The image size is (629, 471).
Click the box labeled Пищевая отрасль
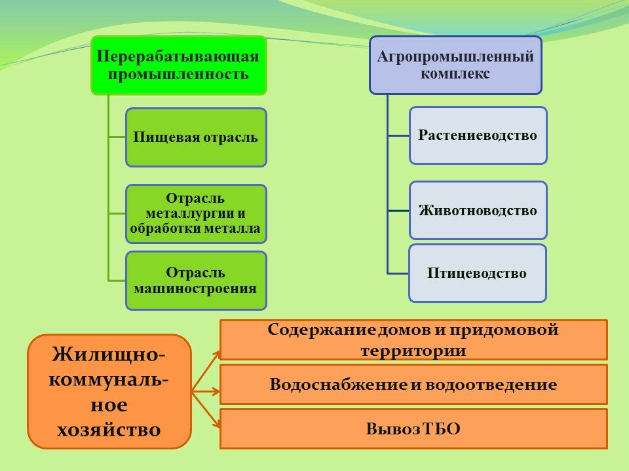tap(196, 137)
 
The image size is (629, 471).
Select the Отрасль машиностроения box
tap(196, 281)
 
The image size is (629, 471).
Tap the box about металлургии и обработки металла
tap(196, 213)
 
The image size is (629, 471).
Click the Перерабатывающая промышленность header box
tap(179, 65)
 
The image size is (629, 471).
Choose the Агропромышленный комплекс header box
tap(456, 65)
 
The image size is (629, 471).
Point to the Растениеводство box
tap(478, 135)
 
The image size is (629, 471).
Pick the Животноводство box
tap(478, 210)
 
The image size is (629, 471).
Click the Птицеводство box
tap(478, 273)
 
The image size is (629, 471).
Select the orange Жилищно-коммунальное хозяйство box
tap(109, 391)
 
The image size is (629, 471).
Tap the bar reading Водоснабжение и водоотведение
tap(413, 385)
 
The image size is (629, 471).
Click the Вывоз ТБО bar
tap(413, 428)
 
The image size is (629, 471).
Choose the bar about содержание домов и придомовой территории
tap(413, 340)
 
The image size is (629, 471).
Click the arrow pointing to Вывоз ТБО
tap(206, 410)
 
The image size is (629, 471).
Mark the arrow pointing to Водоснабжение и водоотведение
tap(206, 391)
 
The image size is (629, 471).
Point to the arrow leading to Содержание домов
tap(206, 371)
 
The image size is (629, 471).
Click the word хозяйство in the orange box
tap(109, 429)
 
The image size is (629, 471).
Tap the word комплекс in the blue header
tap(455, 74)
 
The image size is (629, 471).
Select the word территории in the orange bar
tap(413, 351)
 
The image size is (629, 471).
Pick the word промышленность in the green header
tap(178, 75)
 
